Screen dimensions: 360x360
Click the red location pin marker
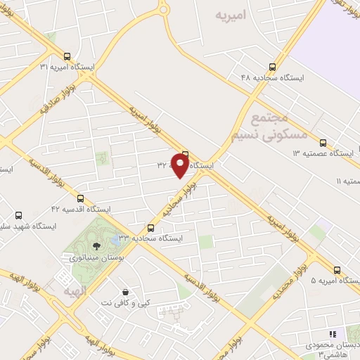coord(181,165)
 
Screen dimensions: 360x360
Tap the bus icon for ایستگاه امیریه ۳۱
coord(67,56)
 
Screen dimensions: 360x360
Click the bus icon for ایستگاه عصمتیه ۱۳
coord(323,142)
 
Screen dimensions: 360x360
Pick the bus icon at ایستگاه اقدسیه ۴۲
coord(80,199)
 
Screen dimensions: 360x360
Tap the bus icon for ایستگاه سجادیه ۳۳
coord(150,228)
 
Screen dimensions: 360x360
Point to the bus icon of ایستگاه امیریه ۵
coord(337,269)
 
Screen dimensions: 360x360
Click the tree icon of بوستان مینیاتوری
coord(96,245)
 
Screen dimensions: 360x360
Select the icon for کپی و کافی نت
coord(125,292)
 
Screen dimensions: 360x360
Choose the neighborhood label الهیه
coord(73,290)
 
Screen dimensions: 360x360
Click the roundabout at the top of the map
coord(162,8)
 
